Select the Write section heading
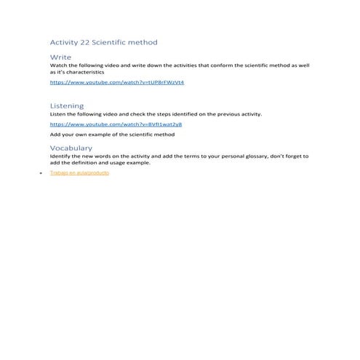coord(60,57)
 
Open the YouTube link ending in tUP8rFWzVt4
coord(116,83)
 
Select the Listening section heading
coord(66,106)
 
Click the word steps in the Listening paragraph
coord(163,114)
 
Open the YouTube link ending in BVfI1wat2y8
coord(116,124)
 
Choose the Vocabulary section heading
coord(71,148)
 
